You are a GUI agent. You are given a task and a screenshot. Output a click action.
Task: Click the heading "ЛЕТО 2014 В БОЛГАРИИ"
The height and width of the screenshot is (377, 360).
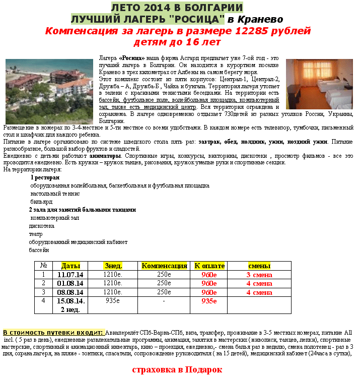pyautogui.click(x=177, y=8)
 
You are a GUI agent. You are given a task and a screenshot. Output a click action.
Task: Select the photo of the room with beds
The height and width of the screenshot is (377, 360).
pyautogui.click(x=320, y=84)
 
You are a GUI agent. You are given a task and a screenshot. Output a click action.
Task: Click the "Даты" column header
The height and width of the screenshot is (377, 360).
pyautogui.click(x=70, y=266)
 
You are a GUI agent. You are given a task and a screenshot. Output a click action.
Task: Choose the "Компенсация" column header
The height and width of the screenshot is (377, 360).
pyautogui.click(x=164, y=266)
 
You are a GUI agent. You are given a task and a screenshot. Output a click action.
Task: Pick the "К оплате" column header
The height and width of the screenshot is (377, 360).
pyautogui.click(x=209, y=266)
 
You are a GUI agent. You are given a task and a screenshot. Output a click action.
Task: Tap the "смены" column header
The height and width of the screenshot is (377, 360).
pyautogui.click(x=259, y=266)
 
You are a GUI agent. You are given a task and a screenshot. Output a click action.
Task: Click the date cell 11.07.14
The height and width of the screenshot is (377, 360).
pyautogui.click(x=70, y=275)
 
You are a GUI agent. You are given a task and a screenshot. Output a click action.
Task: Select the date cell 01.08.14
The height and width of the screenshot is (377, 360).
pyautogui.click(x=70, y=283)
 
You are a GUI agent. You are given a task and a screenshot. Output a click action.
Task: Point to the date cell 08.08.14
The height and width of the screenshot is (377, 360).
pyautogui.click(x=70, y=292)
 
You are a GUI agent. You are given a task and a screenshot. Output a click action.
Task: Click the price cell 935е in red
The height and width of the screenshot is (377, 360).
pyautogui.click(x=209, y=301)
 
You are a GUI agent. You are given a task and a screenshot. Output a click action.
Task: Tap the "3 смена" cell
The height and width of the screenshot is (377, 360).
pyautogui.click(x=259, y=275)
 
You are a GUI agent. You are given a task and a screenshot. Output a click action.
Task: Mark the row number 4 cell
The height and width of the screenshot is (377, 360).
pyautogui.click(x=43, y=301)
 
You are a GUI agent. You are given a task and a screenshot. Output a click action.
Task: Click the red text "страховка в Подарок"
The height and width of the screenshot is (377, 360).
pyautogui.click(x=177, y=369)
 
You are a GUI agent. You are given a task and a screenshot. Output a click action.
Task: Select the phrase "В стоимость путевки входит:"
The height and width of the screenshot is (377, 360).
pyautogui.click(x=53, y=333)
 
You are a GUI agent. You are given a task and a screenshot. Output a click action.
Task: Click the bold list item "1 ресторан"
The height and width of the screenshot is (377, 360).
pyautogui.click(x=45, y=177)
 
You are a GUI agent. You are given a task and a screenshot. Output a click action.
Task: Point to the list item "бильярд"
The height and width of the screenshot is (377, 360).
pyautogui.click(x=41, y=202)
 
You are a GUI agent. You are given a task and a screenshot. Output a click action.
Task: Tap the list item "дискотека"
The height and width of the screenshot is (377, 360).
pyautogui.click(x=42, y=226)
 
